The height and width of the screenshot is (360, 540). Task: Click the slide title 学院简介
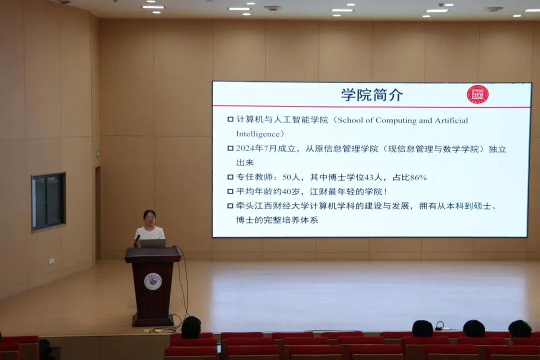(x=372, y=94)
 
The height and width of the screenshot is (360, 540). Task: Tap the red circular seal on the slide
(x=477, y=94)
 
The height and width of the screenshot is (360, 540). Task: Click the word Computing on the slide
(x=395, y=120)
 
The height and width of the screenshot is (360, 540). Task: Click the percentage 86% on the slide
(x=418, y=177)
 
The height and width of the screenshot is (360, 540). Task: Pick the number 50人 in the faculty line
(x=291, y=177)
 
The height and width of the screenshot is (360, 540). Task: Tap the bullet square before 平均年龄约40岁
(x=230, y=191)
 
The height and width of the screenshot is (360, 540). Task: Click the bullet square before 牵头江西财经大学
(x=230, y=206)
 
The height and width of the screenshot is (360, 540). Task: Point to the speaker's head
(x=149, y=218)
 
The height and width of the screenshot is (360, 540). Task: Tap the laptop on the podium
(x=153, y=243)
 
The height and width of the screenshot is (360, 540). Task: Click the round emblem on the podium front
(x=153, y=281)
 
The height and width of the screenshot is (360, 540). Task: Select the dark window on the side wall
(x=48, y=202)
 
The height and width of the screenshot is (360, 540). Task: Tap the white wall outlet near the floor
(x=51, y=261)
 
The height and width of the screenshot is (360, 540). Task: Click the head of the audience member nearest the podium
(x=191, y=327)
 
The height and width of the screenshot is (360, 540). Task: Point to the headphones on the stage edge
(x=439, y=325)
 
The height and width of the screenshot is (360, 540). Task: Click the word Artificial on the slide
(x=451, y=120)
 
